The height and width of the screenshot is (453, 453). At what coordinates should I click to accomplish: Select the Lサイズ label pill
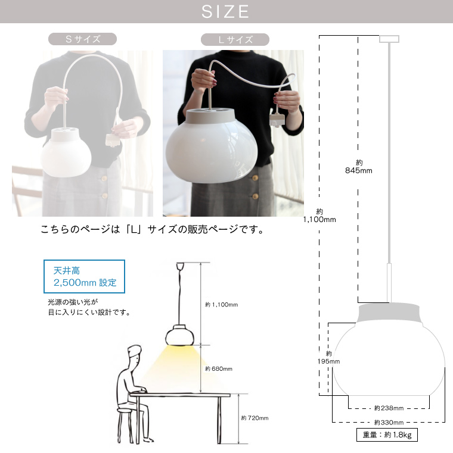235,40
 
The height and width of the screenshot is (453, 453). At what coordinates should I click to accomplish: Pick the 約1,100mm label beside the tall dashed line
320,215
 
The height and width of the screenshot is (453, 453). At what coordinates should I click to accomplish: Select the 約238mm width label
389,408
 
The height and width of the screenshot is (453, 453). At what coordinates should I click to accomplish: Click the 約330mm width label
389,422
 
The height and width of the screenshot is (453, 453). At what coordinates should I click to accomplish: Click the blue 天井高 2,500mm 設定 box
85,276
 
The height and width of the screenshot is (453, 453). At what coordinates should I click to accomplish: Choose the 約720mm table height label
255,418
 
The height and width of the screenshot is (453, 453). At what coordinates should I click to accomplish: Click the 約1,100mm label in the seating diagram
221,305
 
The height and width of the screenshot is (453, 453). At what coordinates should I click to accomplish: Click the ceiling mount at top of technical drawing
389,39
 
